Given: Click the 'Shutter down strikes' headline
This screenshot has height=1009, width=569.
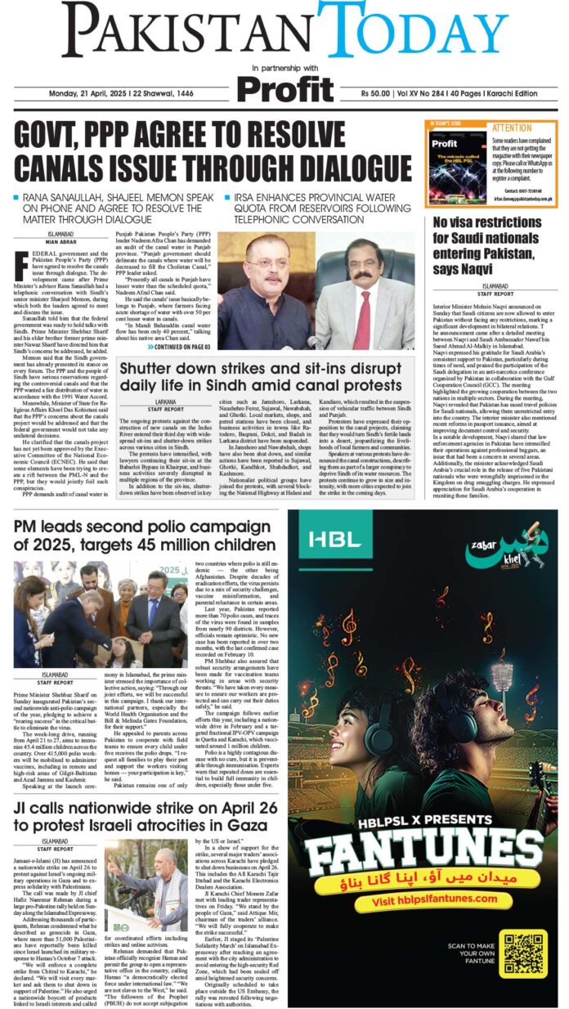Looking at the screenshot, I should [x=262, y=377].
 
